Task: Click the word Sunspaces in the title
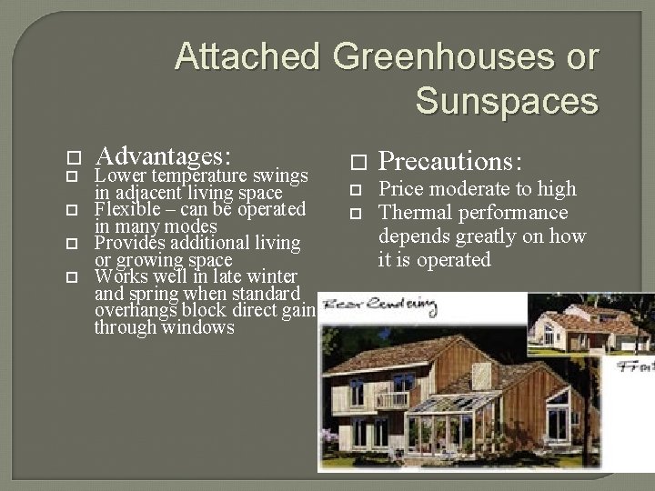(x=507, y=101)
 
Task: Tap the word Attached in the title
(x=247, y=56)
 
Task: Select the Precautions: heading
(x=449, y=161)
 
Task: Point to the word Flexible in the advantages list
(x=126, y=209)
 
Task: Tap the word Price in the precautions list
(x=400, y=189)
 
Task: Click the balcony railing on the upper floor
(x=391, y=399)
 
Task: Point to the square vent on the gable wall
(x=482, y=375)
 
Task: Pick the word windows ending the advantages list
(x=195, y=326)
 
